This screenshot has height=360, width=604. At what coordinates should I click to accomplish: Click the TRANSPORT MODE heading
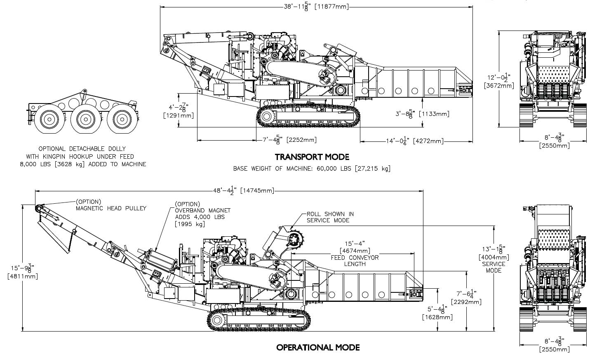tap(312, 157)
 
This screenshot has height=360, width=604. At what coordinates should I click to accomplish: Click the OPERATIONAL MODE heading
tap(317, 347)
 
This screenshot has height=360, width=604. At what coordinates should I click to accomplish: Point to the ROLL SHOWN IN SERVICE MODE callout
tap(330, 217)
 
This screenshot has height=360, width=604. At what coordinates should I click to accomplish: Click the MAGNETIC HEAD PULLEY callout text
tap(110, 208)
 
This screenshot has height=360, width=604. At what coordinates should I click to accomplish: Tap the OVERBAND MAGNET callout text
tap(202, 210)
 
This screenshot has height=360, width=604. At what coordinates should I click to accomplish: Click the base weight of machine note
tap(311, 168)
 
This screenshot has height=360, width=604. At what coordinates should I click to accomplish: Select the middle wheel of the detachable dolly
tap(86, 119)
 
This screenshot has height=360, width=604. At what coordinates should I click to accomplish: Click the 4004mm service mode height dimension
tap(494, 257)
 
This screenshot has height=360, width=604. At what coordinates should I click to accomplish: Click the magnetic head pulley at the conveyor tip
tap(39, 207)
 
